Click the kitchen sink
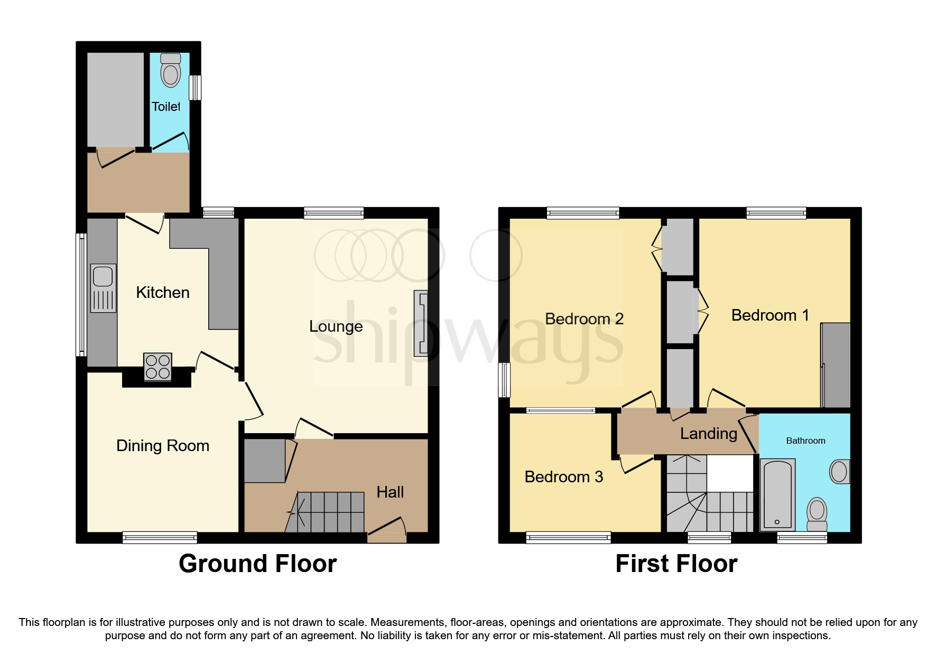pyautogui.click(x=103, y=288)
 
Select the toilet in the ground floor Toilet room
pyautogui.click(x=170, y=70)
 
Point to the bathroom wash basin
pyautogui.click(x=839, y=471)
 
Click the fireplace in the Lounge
pyautogui.click(x=421, y=323)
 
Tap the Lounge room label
pyautogui.click(x=336, y=326)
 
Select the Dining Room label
pyautogui.click(x=163, y=446)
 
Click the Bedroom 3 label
pyautogui.click(x=563, y=477)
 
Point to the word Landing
pyautogui.click(x=708, y=434)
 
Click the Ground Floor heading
pyautogui.click(x=257, y=564)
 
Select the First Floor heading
pyautogui.click(x=676, y=564)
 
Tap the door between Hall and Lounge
pyautogui.click(x=314, y=429)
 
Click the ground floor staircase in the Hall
pyautogui.click(x=328, y=512)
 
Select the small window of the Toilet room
pyautogui.click(x=195, y=87)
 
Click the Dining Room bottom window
pyautogui.click(x=160, y=538)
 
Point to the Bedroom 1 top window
pyautogui.click(x=776, y=213)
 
